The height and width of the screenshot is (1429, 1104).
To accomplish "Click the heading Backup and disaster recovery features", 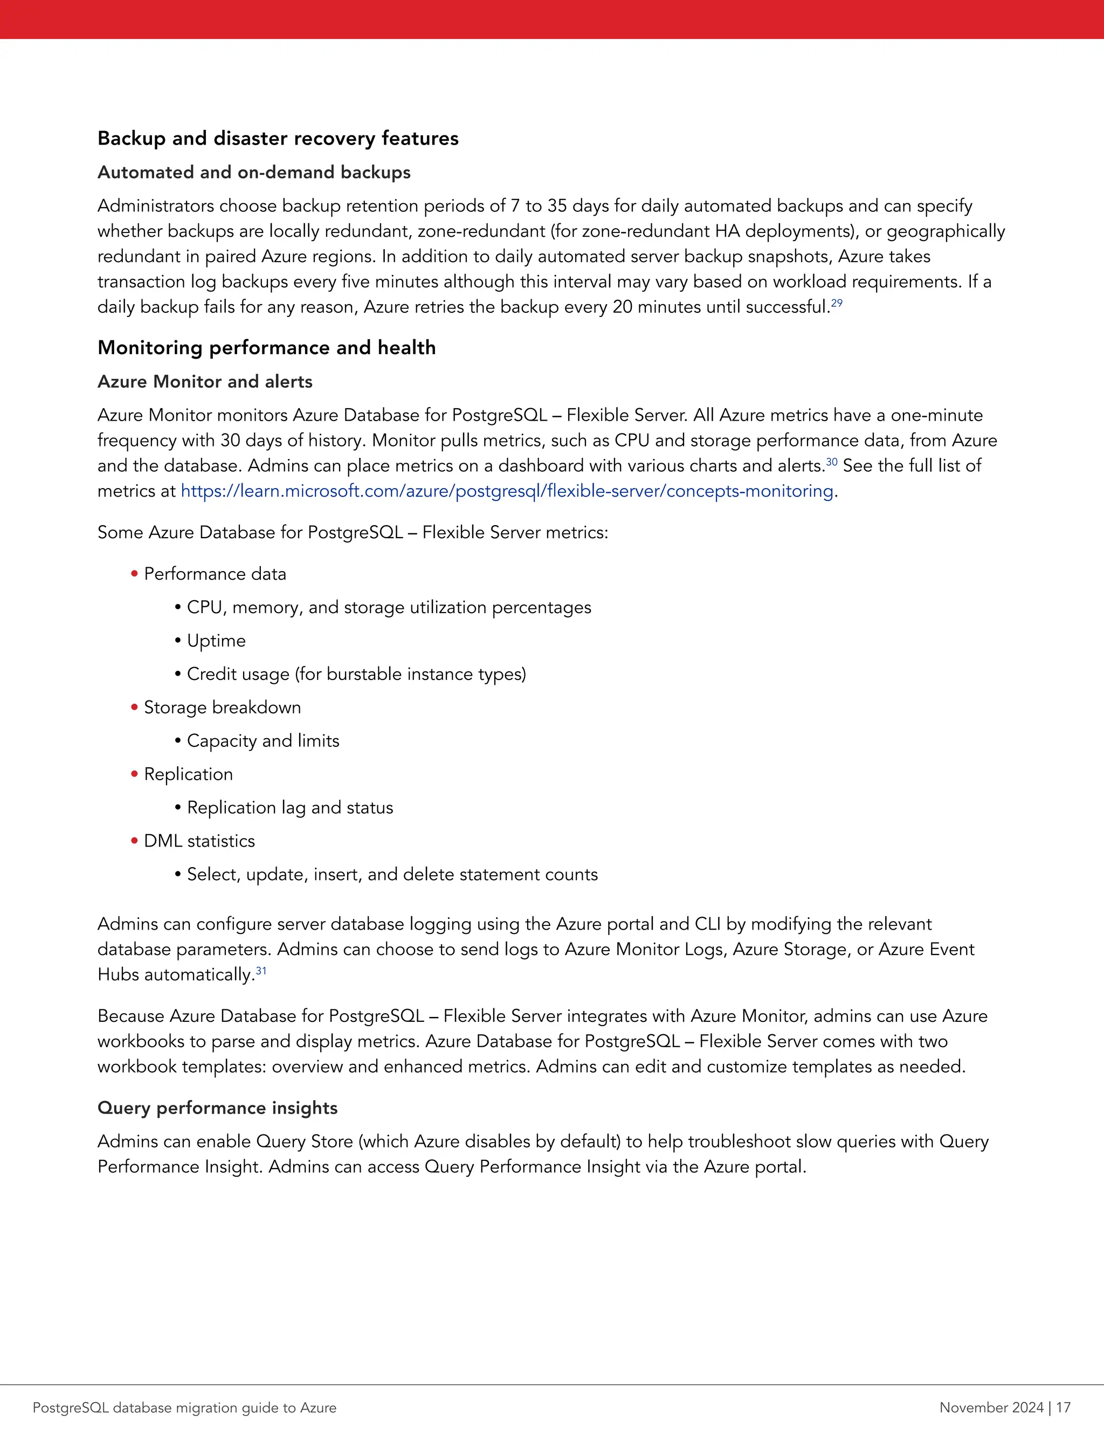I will point(278,139).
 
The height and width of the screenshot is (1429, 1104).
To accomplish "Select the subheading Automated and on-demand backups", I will point(254,172).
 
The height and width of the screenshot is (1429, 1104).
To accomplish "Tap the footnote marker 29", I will point(837,303).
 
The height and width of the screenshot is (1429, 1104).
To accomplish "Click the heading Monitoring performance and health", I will point(266,347).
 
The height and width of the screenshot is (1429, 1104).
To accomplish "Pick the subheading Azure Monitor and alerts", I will point(205,381).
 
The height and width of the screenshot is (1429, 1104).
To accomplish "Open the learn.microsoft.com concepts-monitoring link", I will point(507,491).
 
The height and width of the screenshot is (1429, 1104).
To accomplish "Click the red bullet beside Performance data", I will point(135,574).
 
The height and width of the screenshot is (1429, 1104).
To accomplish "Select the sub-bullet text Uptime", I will point(216,641).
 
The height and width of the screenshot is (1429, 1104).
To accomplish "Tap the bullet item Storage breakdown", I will point(223,707).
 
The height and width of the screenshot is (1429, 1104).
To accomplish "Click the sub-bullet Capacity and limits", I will point(263,741).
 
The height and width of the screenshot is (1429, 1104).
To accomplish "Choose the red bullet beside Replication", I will point(135,774).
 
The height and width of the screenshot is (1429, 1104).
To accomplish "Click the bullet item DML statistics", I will point(199,841).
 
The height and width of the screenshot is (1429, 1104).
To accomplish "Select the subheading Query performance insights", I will point(217,1108).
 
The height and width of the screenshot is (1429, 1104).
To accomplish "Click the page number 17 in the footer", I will point(1063,1407).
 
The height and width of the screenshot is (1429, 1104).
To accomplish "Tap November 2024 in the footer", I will point(991,1407).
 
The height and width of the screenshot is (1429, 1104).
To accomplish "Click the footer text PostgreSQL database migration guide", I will point(184,1407).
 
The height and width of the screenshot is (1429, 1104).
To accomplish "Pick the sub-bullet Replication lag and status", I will point(289,807).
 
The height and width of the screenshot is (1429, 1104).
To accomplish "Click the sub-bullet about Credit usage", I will point(356,674).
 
